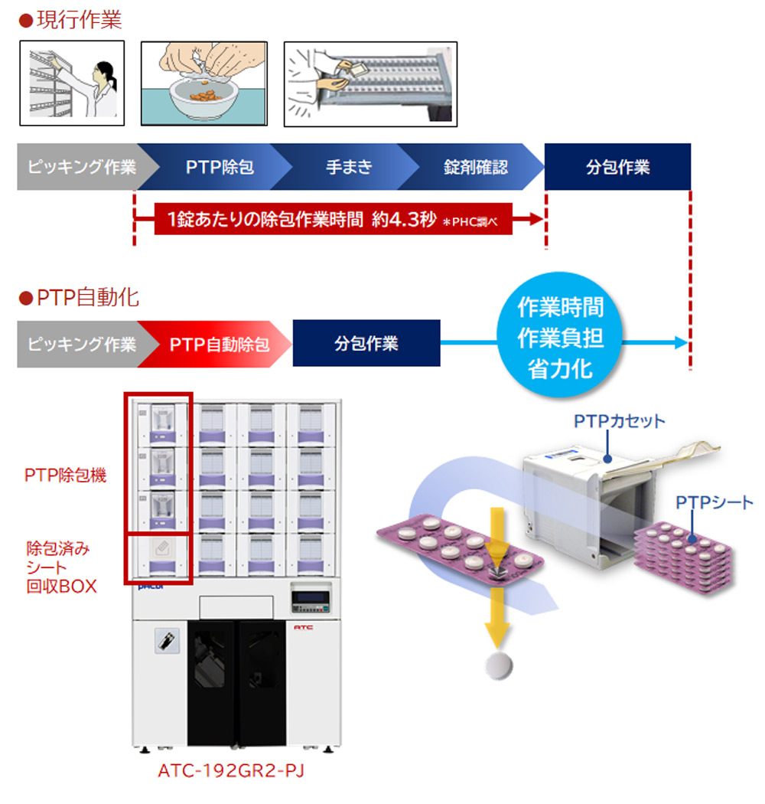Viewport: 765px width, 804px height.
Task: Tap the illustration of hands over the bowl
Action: click(x=202, y=83)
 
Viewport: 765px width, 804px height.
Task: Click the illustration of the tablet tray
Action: click(x=370, y=83)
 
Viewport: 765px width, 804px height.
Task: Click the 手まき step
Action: click(x=349, y=167)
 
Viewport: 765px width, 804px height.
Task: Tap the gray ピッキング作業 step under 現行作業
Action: click(x=81, y=167)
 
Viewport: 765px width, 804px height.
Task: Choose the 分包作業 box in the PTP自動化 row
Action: click(x=366, y=343)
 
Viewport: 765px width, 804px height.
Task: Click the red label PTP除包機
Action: click(x=66, y=476)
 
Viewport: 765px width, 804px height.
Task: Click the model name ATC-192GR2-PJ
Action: click(x=231, y=770)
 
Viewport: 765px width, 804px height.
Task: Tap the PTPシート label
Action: click(x=715, y=502)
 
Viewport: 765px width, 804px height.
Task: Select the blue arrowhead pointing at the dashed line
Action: click(x=680, y=343)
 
